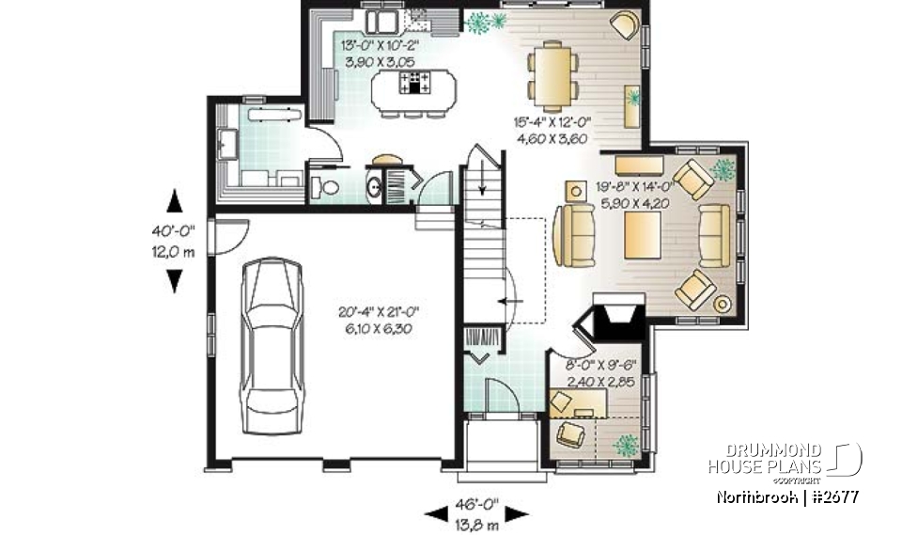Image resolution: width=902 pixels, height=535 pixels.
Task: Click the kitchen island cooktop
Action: [x=414, y=82]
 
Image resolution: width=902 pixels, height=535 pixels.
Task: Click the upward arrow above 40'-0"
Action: [x=175, y=200]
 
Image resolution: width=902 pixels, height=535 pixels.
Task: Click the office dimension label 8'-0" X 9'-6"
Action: [x=602, y=366]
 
